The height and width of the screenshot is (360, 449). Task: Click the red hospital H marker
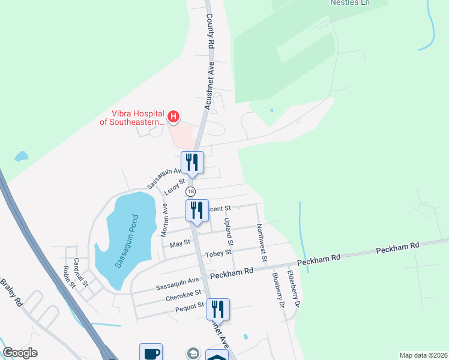(x=173, y=116)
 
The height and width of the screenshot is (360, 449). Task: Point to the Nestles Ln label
(x=350, y=3)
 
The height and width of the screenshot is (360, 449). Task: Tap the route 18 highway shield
(x=190, y=191)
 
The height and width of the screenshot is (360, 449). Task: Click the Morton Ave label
(x=163, y=220)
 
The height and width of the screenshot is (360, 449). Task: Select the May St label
(x=179, y=243)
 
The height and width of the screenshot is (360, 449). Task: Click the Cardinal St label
(x=80, y=271)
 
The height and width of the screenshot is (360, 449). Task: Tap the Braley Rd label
(x=11, y=293)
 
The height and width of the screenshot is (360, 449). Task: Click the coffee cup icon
(x=151, y=353)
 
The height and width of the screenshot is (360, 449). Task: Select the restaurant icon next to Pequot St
(x=218, y=309)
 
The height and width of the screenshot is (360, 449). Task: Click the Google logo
(x=20, y=353)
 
